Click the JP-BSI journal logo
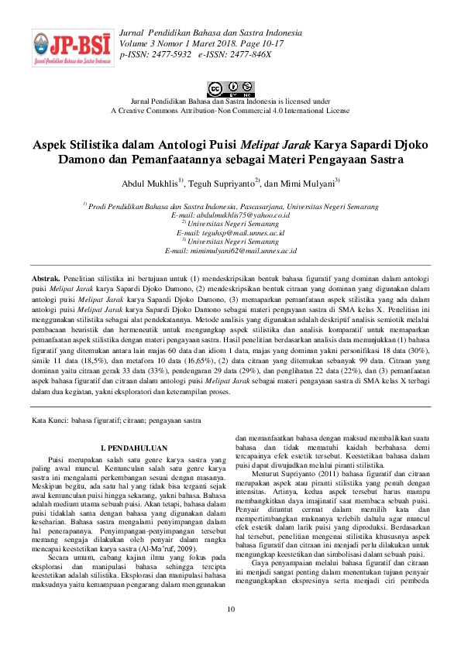pos(70,47)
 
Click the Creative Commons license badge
pos(230,88)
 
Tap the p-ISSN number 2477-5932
pos(168,55)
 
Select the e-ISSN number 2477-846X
pos(247,55)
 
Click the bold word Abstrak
pos(46,276)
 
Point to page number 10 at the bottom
pos(230,631)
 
